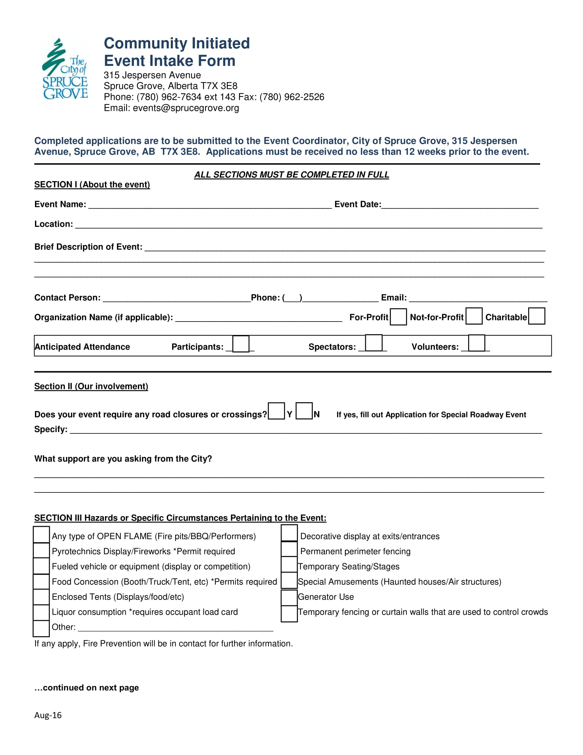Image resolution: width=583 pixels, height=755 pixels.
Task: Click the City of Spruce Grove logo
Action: click(65, 69)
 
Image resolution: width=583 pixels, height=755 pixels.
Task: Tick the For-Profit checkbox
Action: click(398, 317)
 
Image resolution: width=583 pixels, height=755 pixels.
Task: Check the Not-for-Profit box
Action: click(474, 316)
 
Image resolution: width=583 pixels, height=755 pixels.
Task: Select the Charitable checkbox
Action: click(537, 316)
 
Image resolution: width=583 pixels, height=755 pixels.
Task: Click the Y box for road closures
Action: click(276, 411)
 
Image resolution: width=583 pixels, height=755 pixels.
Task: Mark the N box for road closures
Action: click(304, 411)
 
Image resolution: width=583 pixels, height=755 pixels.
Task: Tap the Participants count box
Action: click(241, 344)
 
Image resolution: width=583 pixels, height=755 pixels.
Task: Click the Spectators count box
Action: click(374, 343)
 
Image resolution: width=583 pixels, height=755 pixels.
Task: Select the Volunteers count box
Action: click(477, 343)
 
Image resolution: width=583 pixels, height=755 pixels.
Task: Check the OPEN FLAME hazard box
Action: click(41, 535)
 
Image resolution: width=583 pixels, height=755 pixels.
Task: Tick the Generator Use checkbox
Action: click(289, 598)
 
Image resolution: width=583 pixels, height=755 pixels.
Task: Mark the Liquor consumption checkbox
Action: click(41, 613)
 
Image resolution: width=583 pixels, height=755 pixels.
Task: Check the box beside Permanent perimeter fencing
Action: click(289, 549)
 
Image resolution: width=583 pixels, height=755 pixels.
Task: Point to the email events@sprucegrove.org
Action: click(186, 108)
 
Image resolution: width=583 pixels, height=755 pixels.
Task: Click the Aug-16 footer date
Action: click(48, 715)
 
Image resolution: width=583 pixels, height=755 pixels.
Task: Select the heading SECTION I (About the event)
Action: click(92, 185)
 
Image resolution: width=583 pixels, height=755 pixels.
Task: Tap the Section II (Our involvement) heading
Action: click(91, 386)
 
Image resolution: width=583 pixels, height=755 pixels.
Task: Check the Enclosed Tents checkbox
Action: click(41, 597)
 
